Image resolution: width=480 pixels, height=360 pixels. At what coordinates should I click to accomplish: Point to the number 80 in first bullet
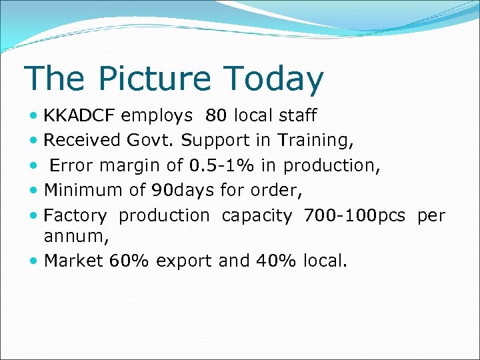pos(216,116)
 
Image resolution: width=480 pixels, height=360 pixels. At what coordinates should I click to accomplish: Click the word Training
pos(315,141)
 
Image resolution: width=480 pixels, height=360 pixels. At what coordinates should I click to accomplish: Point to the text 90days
pos(183,191)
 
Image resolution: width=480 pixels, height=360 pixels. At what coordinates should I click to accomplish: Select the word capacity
pos(257,216)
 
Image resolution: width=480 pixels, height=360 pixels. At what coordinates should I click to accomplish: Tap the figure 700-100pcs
pos(354,216)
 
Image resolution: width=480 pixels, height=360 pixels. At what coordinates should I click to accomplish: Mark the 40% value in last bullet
pos(276,261)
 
